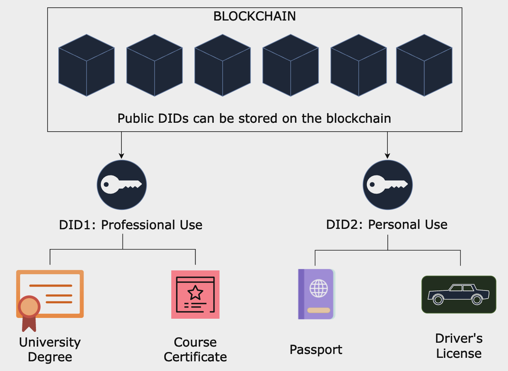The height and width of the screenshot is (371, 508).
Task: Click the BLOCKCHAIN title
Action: click(x=254, y=16)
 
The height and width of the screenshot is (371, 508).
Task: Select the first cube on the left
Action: click(x=87, y=65)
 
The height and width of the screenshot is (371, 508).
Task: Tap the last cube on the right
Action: click(x=424, y=65)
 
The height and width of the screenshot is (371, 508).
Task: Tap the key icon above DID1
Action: click(x=122, y=185)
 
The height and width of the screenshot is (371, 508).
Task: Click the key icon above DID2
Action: click(x=388, y=185)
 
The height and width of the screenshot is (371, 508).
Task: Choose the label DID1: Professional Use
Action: click(x=131, y=225)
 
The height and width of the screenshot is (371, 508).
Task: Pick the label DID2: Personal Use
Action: click(x=387, y=225)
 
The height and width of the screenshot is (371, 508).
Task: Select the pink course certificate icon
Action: click(x=195, y=295)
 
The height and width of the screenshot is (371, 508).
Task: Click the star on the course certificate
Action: click(x=195, y=293)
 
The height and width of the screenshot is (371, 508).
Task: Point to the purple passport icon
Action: click(x=316, y=294)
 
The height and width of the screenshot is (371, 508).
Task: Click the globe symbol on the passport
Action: click(x=319, y=288)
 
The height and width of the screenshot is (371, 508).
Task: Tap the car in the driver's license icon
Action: click(x=459, y=295)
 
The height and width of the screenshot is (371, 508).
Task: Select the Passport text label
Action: click(x=316, y=350)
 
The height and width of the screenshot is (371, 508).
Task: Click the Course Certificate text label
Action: click(x=195, y=350)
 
